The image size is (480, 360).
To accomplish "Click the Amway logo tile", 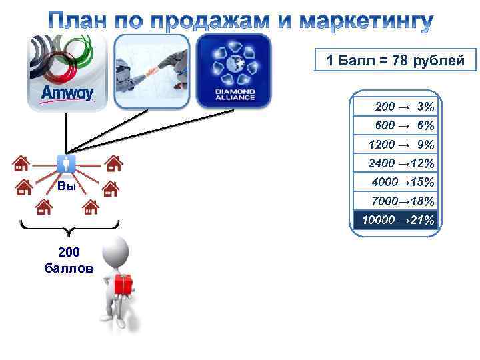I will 67,71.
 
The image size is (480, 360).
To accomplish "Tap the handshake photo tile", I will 151,71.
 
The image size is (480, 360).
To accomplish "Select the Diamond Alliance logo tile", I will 234,71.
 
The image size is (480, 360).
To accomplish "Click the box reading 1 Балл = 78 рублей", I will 395,62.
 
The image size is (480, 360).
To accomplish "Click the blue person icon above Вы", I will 67,163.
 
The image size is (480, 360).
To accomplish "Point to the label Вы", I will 66,186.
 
